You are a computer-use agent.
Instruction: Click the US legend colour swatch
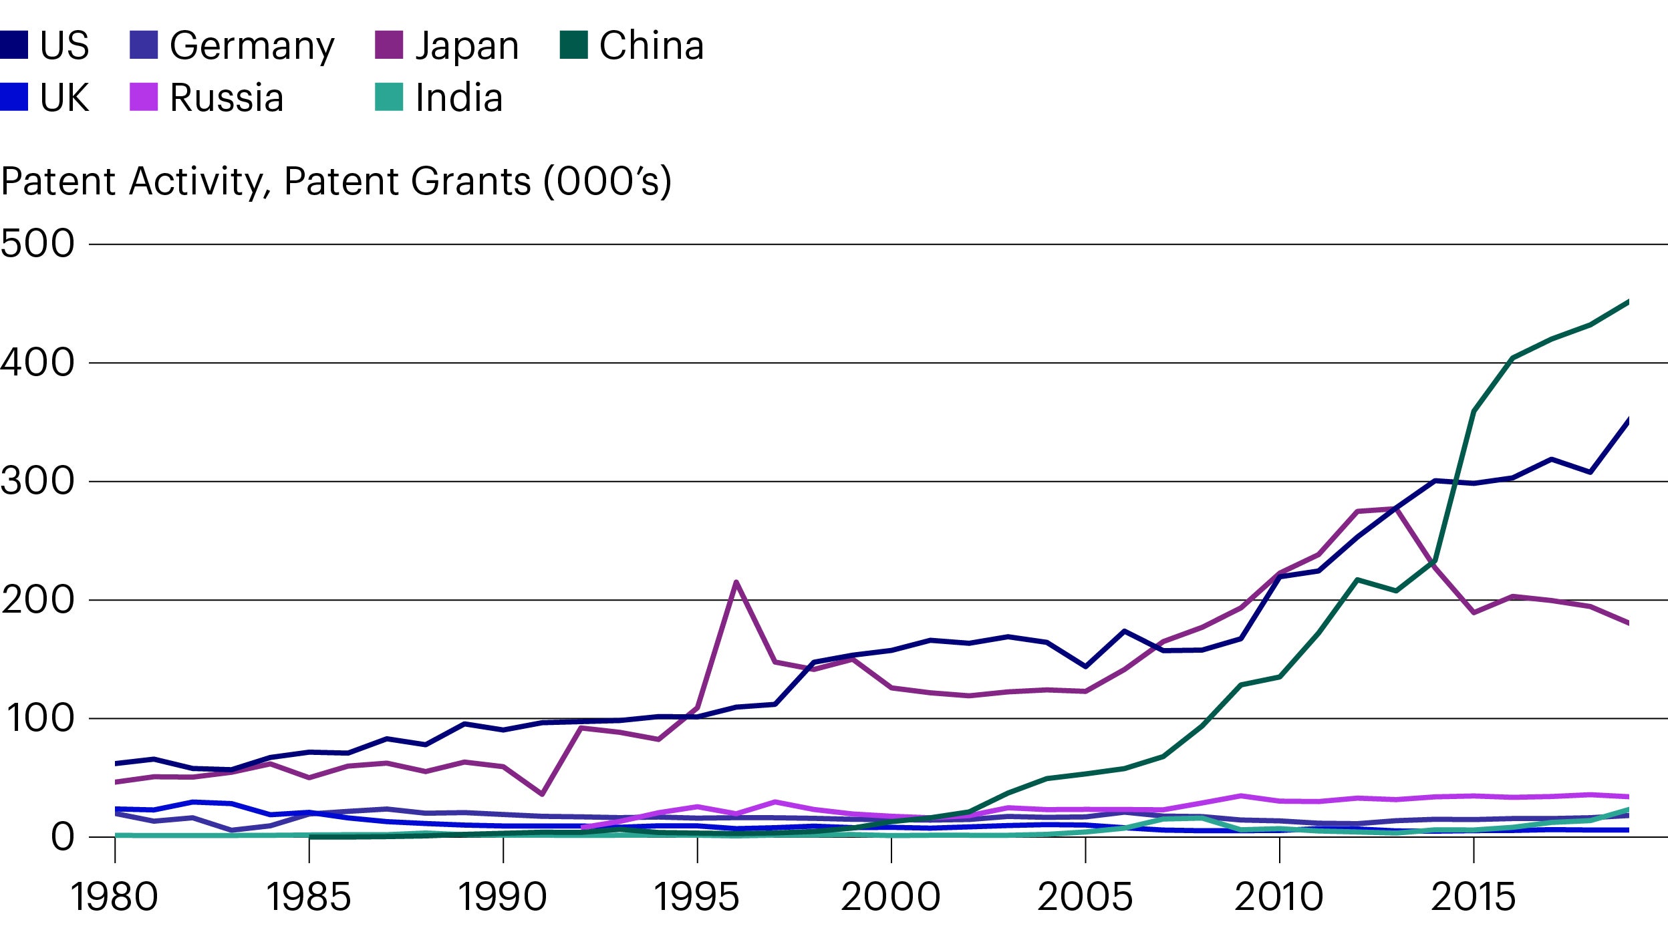[x=13, y=45]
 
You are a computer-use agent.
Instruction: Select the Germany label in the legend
[x=251, y=46]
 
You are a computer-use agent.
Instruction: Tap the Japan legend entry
[x=466, y=46]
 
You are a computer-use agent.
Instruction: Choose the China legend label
[x=651, y=46]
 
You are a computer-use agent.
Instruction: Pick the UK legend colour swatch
[x=13, y=97]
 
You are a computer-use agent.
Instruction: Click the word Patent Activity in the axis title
[x=134, y=181]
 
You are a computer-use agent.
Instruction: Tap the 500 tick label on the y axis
[x=37, y=244]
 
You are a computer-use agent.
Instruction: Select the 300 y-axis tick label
[x=37, y=481]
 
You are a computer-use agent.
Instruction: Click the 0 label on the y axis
[x=63, y=837]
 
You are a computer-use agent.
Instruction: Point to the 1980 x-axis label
[x=114, y=897]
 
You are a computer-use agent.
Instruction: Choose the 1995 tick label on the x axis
[x=696, y=897]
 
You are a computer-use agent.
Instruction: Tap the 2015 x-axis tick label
[x=1473, y=897]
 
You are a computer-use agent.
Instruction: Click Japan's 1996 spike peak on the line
[x=736, y=582]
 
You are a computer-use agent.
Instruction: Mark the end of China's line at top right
[x=1628, y=302]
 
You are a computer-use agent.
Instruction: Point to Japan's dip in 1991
[x=542, y=794]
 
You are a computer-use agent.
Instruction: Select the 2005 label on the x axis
[x=1085, y=897]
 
